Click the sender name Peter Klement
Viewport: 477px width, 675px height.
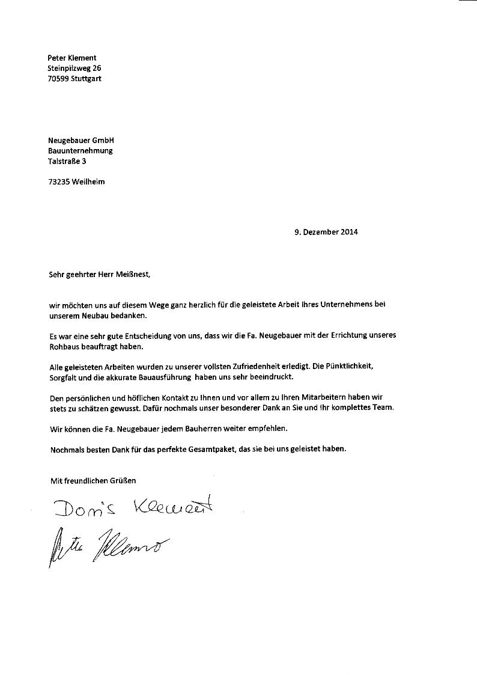tap(71, 58)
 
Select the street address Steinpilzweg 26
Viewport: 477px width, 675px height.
tap(74, 69)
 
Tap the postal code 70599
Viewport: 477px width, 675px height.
tap(58, 79)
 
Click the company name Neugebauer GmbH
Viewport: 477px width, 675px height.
tap(81, 141)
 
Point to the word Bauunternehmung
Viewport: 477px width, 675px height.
tap(80, 151)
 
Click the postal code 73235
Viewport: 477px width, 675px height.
tap(58, 182)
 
